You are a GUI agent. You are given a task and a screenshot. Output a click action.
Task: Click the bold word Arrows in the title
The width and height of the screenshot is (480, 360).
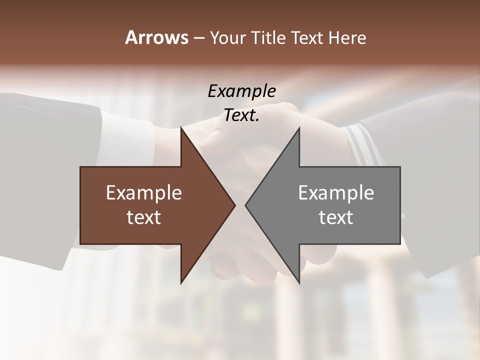click(156, 37)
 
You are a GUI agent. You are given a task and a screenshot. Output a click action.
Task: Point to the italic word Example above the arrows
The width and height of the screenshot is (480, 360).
click(241, 91)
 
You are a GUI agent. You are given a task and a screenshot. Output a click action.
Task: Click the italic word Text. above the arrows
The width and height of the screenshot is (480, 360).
click(241, 115)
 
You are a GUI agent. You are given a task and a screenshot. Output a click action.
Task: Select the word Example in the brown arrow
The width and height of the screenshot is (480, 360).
click(144, 192)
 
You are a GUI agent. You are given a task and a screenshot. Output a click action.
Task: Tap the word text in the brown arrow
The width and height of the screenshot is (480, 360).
click(144, 217)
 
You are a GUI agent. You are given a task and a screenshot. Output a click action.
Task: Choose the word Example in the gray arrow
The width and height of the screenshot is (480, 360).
click(336, 192)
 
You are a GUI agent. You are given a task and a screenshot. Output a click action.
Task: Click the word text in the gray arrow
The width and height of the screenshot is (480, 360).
click(336, 217)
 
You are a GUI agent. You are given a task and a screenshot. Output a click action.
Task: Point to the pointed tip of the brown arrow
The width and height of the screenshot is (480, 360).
click(235, 205)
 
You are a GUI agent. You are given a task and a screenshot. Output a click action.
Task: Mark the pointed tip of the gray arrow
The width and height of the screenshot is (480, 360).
click(245, 205)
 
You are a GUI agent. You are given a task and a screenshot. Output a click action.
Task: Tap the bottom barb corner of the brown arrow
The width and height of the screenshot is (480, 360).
click(181, 283)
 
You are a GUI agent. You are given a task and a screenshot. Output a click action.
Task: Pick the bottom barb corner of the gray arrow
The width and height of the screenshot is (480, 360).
click(299, 283)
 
